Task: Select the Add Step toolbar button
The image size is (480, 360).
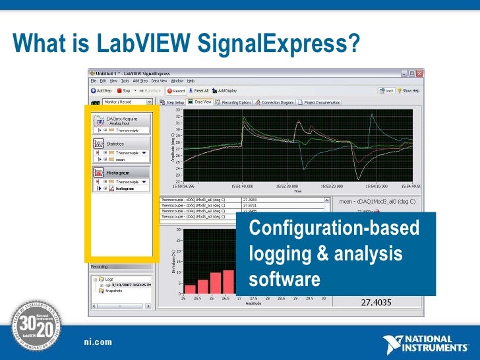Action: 104,90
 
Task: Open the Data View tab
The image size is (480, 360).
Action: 200,102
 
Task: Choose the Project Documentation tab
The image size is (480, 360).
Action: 321,102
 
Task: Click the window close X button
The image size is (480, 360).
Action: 421,73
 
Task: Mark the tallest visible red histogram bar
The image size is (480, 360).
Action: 228,282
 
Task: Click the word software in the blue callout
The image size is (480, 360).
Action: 285,279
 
